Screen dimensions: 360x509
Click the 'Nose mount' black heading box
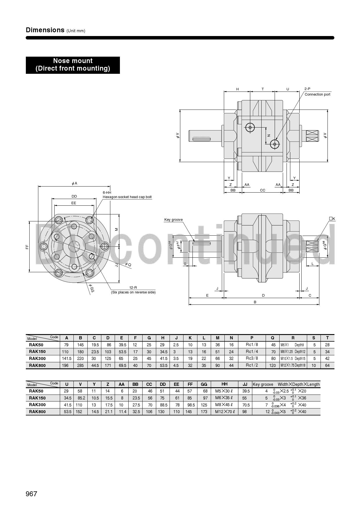tap(73, 65)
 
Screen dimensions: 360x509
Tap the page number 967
tap(31, 494)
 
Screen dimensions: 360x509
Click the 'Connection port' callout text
tap(317, 94)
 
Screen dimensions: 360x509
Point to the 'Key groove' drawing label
tap(173, 220)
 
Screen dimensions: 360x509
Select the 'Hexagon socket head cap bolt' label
tap(127, 197)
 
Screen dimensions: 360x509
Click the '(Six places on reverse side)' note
tap(133, 292)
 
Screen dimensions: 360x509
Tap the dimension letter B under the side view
tap(255, 302)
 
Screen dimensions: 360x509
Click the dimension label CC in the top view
tap(262, 190)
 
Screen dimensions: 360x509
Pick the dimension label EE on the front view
tap(74, 203)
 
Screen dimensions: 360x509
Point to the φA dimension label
tap(75, 183)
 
